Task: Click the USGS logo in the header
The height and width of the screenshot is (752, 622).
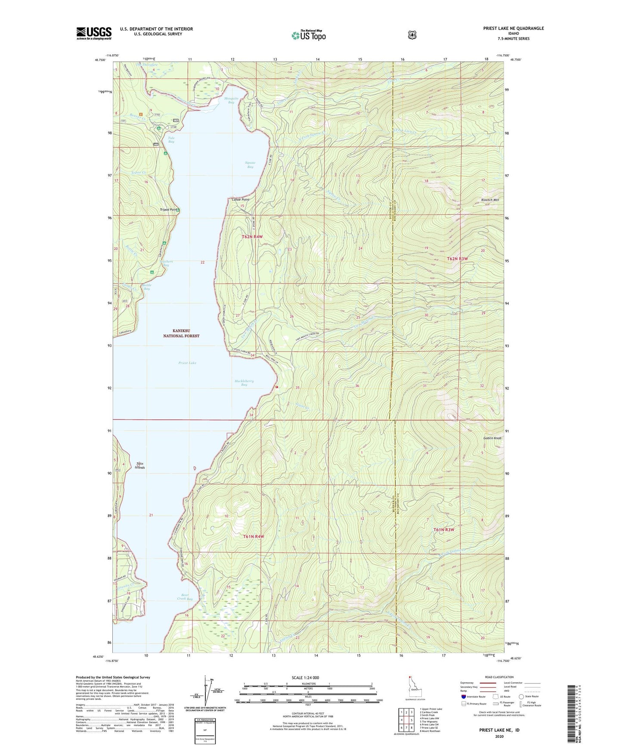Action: pos(94,33)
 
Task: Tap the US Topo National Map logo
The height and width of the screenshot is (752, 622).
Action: pos(308,35)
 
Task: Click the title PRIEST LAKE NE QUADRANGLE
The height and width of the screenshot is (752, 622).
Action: pos(513,28)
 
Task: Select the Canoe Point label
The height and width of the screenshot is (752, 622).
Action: pos(240,200)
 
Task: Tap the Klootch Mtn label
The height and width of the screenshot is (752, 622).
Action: pos(489,200)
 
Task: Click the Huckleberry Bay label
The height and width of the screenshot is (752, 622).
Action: pos(244,382)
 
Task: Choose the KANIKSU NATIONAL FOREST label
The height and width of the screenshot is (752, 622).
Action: pos(181,333)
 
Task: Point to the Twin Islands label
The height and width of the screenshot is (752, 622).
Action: pos(139,466)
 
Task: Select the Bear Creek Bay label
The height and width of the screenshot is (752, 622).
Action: pos(185,597)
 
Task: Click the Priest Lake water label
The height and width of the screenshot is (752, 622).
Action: pos(187,363)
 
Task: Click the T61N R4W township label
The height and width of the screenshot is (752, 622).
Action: pos(253,536)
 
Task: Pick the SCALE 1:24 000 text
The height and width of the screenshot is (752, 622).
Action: pos(305,677)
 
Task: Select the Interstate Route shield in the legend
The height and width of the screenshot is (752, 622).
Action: pos(463,696)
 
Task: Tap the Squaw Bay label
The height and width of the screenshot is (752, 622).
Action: pos(250,165)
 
